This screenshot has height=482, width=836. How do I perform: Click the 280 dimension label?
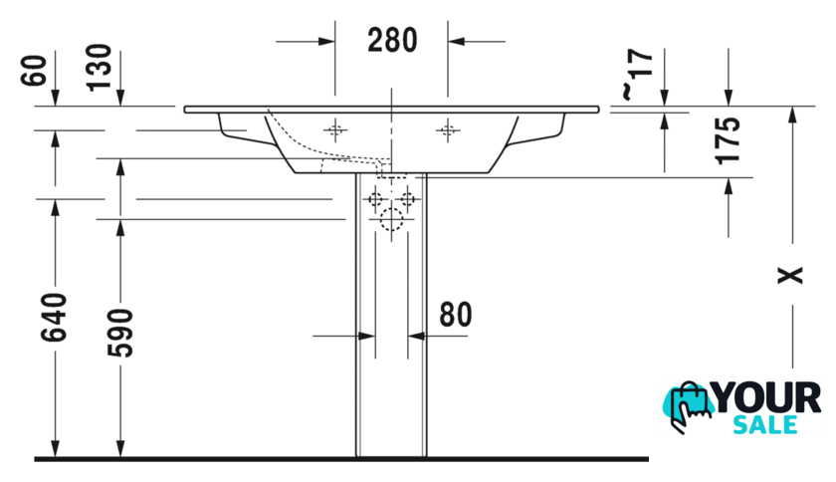click(x=392, y=41)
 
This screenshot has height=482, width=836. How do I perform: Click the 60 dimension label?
click(x=34, y=70)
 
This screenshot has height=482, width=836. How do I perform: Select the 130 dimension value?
click(x=100, y=68)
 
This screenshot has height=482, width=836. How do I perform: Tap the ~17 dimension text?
click(x=637, y=74)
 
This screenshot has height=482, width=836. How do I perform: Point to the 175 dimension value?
click(x=728, y=139)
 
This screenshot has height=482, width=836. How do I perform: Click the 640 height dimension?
click(x=55, y=317)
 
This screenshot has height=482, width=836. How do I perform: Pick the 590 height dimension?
click(x=120, y=333)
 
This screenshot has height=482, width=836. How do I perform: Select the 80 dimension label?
click(x=456, y=315)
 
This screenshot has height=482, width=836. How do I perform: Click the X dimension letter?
click(x=790, y=276)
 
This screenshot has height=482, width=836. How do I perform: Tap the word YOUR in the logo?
click(x=766, y=398)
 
